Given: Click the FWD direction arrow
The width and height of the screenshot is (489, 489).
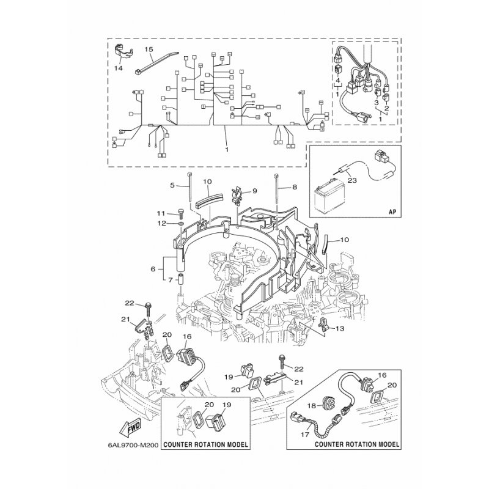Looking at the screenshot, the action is [x=130, y=427].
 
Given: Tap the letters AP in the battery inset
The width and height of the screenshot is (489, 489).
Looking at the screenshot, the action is [x=392, y=211].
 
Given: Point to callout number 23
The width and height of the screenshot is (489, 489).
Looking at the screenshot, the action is [x=352, y=180].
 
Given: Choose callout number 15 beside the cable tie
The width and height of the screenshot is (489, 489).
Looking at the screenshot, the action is [x=149, y=50].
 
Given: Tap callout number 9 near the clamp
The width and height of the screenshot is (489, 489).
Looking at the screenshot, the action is [x=254, y=191].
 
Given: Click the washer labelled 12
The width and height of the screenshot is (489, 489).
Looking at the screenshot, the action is [x=181, y=224].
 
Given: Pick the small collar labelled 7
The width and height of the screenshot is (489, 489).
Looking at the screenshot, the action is [x=181, y=279].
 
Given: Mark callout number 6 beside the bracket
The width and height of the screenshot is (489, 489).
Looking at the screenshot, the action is [x=153, y=269].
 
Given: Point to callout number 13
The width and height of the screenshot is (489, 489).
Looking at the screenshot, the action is [x=340, y=328].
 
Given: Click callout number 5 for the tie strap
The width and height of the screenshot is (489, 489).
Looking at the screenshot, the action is [x=172, y=185].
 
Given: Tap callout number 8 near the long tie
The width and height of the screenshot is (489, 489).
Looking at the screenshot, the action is [x=295, y=187].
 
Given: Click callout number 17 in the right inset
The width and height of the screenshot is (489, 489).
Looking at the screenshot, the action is [x=305, y=434].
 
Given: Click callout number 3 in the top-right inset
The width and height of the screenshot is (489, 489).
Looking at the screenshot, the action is [x=377, y=103].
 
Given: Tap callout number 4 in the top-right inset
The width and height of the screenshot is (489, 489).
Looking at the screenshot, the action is [x=337, y=81].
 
